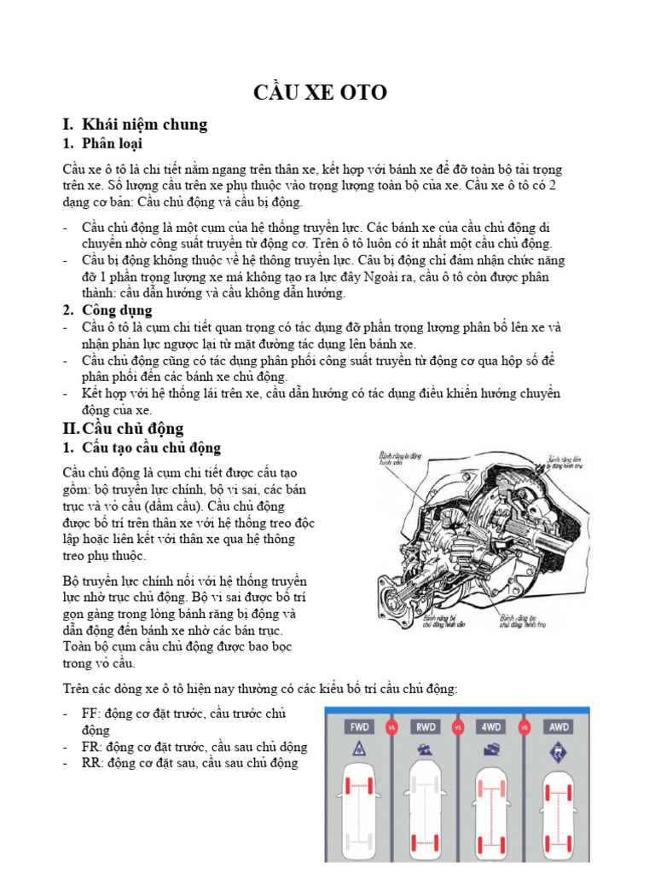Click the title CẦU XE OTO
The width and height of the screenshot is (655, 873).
click(320, 92)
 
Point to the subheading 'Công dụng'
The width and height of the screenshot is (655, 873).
click(118, 309)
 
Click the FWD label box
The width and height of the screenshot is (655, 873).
click(359, 728)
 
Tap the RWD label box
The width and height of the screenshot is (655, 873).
click(426, 728)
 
